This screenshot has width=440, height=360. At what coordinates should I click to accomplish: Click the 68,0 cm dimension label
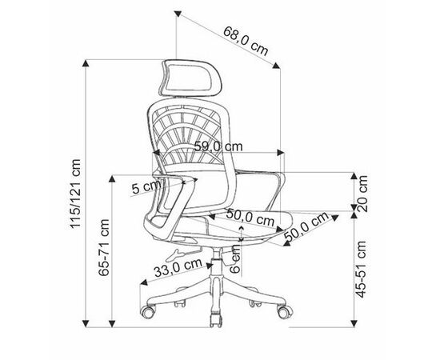[246, 41]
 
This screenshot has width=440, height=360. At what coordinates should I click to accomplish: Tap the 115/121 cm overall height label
[75, 194]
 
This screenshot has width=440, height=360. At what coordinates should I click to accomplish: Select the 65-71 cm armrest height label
[103, 247]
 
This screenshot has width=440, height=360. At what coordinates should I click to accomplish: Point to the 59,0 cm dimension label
[218, 146]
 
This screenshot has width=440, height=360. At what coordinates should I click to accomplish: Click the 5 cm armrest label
[146, 187]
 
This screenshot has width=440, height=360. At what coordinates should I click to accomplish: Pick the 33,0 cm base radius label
[178, 267]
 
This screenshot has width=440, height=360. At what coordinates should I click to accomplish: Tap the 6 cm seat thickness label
[235, 258]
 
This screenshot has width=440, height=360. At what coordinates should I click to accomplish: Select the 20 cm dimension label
[362, 194]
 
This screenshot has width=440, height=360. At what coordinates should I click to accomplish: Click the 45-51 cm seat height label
[362, 269]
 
